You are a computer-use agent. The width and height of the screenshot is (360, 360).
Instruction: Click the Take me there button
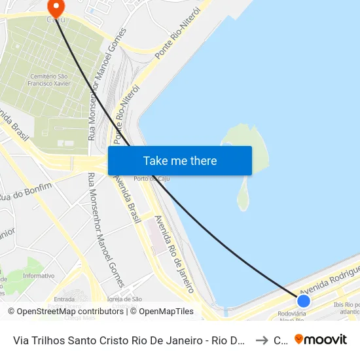pyautogui.click(x=180, y=160)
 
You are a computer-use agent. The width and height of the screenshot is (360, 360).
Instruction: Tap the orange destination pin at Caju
pyautogui.click(x=56, y=8)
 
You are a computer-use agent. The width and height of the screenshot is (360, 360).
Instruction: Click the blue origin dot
pyautogui.click(x=304, y=300)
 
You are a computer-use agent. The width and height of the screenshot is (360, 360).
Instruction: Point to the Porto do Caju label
pyautogui.click(x=148, y=179)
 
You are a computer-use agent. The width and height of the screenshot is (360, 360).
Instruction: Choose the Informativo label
pyautogui.click(x=38, y=276)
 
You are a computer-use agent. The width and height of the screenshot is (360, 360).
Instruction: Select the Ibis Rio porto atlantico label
pyautogui.click(x=346, y=308)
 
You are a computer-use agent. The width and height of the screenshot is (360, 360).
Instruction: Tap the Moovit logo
pyautogui.click(x=321, y=339)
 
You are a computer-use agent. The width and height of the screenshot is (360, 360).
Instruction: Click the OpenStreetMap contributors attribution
pyautogui.click(x=65, y=312)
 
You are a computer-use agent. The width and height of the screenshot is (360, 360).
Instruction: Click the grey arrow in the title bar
pyautogui.click(x=261, y=340)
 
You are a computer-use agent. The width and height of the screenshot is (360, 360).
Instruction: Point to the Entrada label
pyautogui.click(x=64, y=299)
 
